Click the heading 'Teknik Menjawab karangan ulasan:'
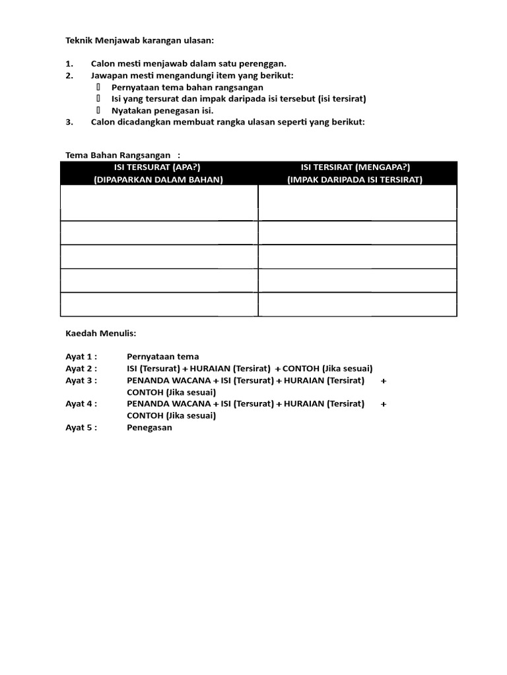(x=140, y=40)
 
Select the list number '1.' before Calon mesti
(x=69, y=64)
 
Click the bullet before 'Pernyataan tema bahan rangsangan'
(x=98, y=87)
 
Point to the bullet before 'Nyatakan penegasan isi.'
(x=98, y=110)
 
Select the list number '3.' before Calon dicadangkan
(x=69, y=122)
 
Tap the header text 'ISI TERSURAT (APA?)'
(x=158, y=167)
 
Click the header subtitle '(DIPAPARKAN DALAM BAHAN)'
(x=158, y=179)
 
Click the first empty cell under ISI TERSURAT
(x=158, y=203)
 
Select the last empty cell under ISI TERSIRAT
(x=357, y=305)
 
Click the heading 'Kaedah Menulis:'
(x=100, y=334)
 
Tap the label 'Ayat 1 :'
(x=81, y=357)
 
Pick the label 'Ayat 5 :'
(x=81, y=427)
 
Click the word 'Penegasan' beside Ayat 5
(x=149, y=427)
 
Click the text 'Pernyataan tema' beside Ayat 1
(x=162, y=357)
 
